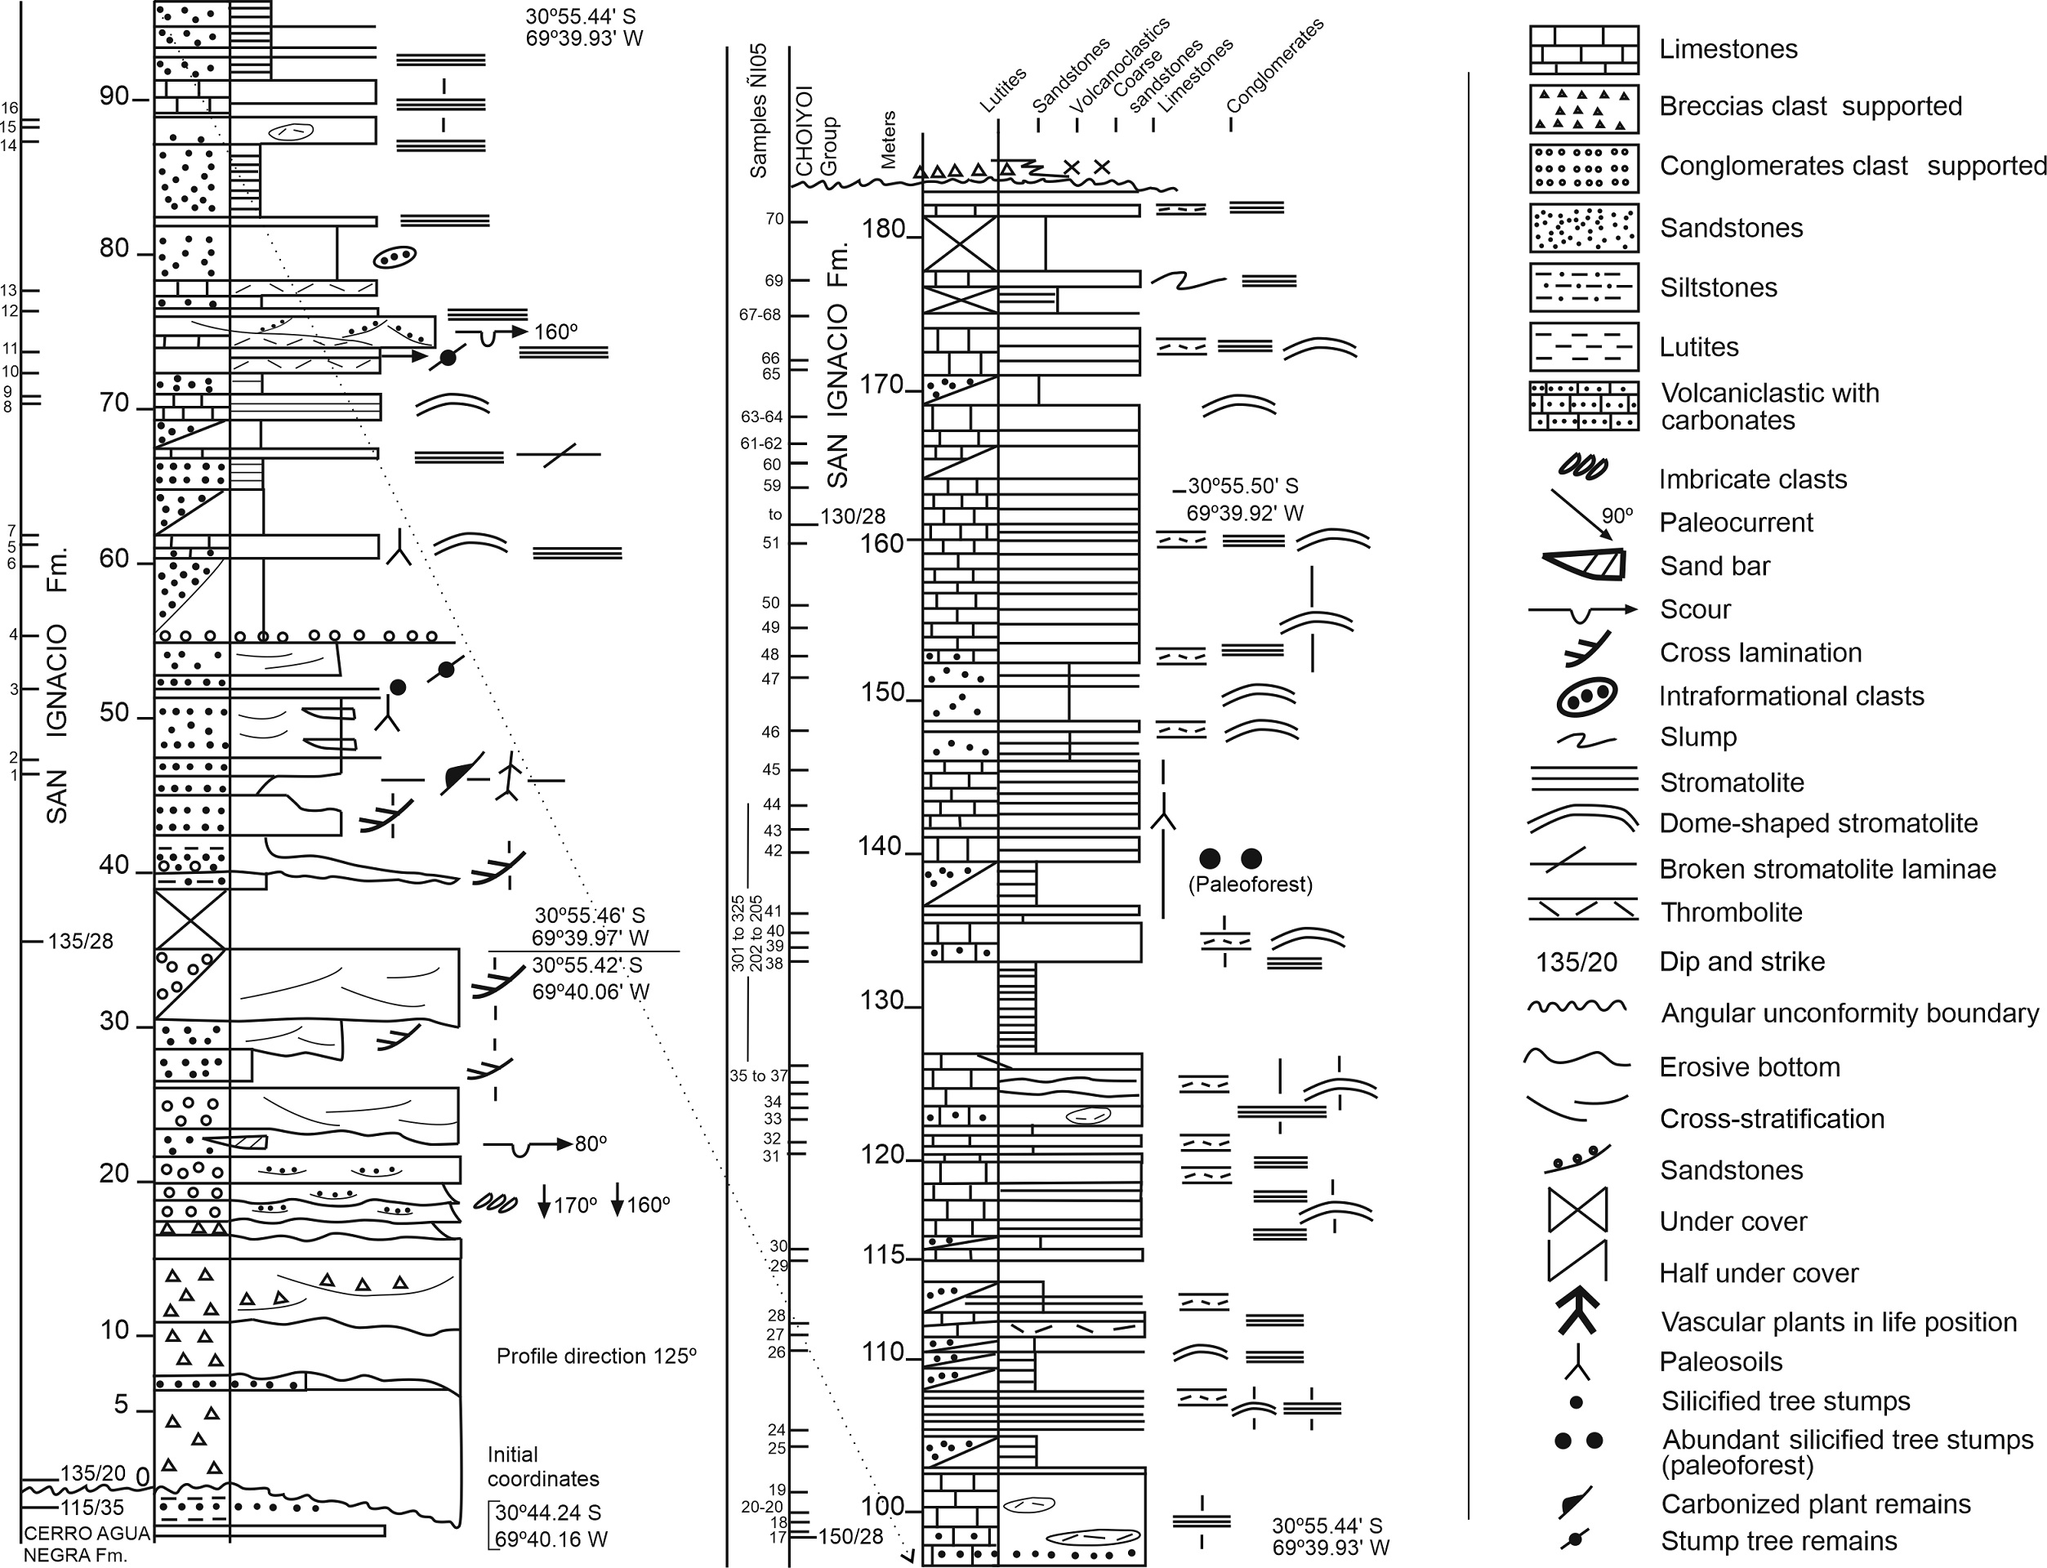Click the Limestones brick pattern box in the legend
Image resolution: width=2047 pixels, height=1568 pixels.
pos(1583,50)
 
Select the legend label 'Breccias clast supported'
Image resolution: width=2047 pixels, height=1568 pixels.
pos(1810,106)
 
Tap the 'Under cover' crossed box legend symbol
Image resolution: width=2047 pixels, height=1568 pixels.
pos(1577,1210)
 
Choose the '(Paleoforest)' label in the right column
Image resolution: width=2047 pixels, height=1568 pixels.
pos(1250,884)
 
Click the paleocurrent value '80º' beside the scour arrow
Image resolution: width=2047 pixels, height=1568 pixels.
pos(590,1143)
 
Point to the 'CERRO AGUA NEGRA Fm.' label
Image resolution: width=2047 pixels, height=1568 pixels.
pos(74,1543)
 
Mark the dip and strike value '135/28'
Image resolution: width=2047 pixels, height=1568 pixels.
pos(80,941)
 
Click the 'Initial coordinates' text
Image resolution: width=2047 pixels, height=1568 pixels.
pos(542,1466)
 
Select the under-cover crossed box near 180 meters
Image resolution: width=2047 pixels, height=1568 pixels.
pos(960,243)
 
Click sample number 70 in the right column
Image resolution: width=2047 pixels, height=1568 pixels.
pos(774,220)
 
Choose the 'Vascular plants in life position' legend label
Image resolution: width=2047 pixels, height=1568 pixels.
pos(1838,1321)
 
